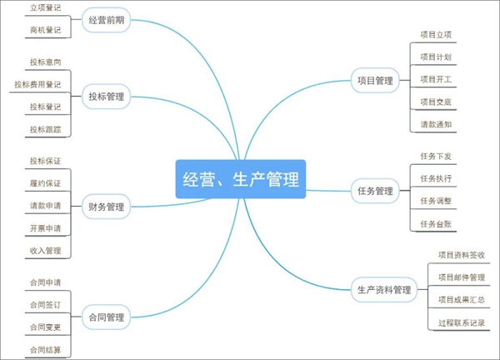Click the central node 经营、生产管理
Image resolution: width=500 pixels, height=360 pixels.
[241, 179]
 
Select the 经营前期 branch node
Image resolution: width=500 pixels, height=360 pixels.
[106, 20]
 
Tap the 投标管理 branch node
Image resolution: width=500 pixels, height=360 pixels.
[106, 97]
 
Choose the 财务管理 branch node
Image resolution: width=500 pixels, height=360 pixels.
[106, 207]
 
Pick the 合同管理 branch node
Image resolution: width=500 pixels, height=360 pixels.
[106, 317]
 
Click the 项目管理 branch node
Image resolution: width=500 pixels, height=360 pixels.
[375, 81]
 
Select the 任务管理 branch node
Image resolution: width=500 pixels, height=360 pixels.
[375, 191]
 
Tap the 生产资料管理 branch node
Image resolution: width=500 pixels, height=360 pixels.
[384, 290]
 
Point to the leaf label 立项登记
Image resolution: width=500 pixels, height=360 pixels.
[45, 8]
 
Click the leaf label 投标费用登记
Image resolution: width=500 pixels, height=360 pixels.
[37, 84]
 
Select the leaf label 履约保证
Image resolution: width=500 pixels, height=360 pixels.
[45, 183]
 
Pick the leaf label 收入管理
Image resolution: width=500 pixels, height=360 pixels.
[45, 251]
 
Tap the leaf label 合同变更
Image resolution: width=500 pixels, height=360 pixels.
[45, 327]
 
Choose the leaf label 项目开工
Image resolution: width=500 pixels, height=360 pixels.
[436, 79]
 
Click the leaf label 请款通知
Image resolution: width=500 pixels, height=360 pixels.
[436, 124]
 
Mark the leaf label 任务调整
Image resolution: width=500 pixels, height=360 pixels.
[436, 201]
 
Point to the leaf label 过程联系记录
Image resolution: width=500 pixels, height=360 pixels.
[462, 322]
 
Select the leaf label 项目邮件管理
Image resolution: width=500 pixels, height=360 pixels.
[462, 277]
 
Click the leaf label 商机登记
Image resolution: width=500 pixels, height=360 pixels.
[45, 30]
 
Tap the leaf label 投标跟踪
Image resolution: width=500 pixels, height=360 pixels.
[45, 129]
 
